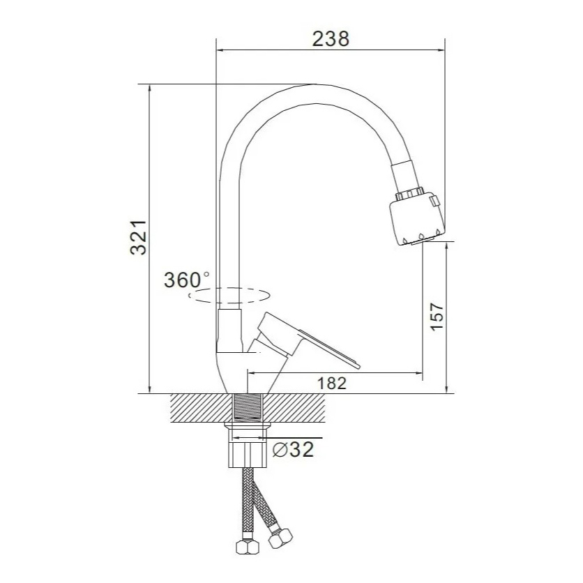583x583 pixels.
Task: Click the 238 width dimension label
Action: pyautogui.click(x=331, y=39)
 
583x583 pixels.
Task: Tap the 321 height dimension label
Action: pyautogui.click(x=138, y=238)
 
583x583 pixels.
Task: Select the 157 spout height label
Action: pyautogui.click(x=437, y=316)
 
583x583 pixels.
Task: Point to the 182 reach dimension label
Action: pyautogui.click(x=332, y=383)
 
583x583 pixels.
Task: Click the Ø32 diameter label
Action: pyautogui.click(x=294, y=450)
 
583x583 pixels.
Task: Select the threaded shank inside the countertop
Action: pyautogui.click(x=248, y=408)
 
